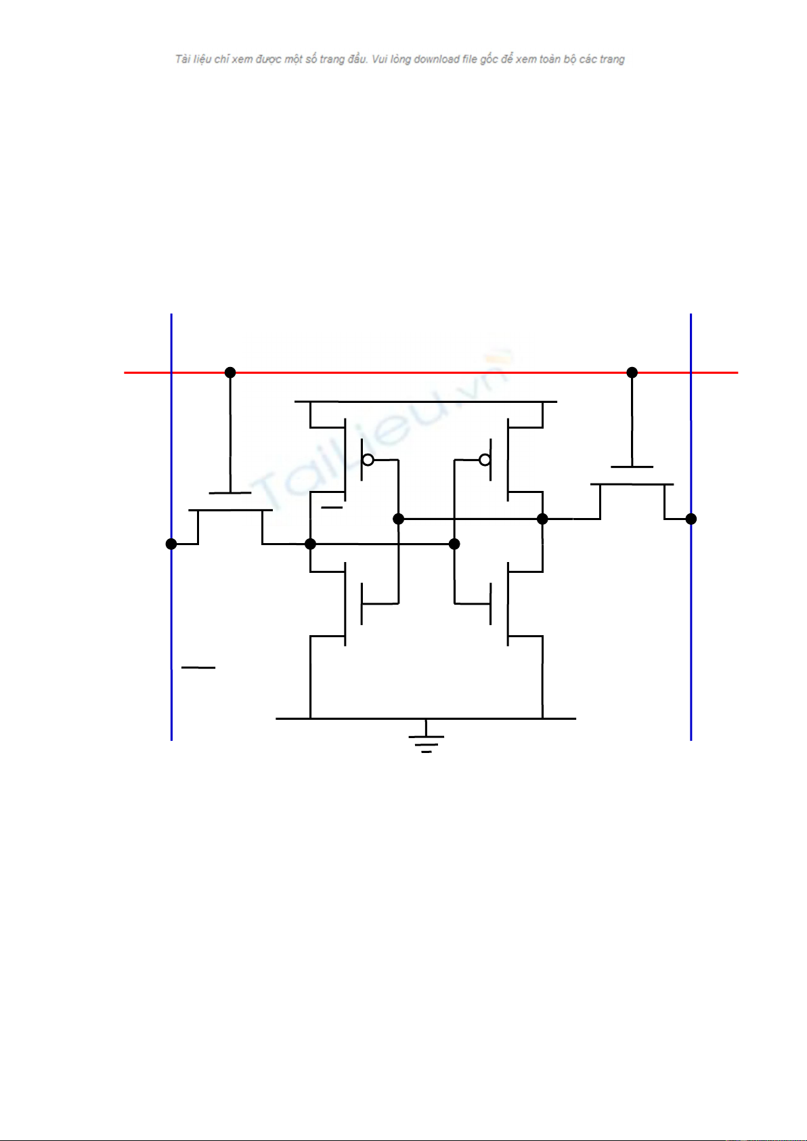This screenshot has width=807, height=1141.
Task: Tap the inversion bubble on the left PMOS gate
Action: (368, 460)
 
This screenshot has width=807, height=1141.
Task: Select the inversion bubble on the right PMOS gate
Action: (485, 460)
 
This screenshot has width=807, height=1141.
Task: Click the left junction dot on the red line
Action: (230, 372)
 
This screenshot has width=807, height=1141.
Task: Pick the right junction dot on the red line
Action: (632, 372)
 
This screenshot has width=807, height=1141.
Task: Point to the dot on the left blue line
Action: (171, 544)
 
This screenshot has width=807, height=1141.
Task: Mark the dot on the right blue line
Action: (691, 519)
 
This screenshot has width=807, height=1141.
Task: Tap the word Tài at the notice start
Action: (183, 59)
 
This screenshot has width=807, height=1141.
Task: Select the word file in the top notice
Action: (470, 59)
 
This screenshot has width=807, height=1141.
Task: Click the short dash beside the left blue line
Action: (198, 667)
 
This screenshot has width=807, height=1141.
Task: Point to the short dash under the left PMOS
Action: (332, 507)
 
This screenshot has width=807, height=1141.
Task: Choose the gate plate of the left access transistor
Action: (230, 492)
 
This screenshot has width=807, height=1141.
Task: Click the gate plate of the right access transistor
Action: (632, 467)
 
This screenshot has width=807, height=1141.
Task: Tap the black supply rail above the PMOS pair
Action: (426, 402)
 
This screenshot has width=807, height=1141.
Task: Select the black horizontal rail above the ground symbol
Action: (426, 718)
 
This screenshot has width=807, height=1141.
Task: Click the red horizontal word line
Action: (431, 372)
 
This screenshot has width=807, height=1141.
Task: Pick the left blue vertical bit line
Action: (171, 527)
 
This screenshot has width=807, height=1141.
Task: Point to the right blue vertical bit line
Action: (691, 527)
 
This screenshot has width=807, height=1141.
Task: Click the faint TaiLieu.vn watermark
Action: (382, 428)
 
